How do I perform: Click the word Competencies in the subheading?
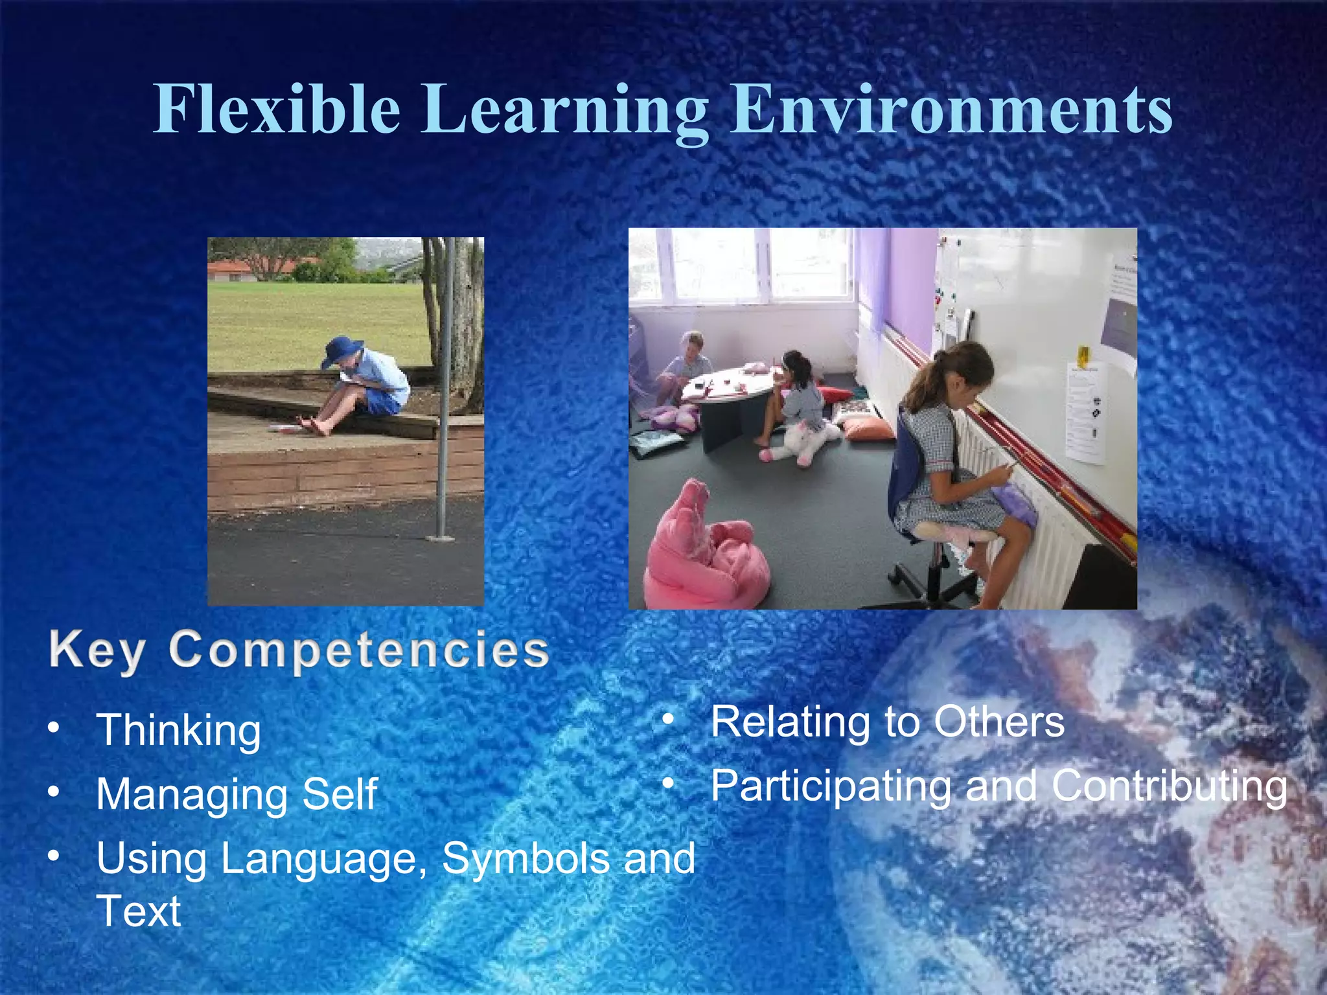click(x=360, y=650)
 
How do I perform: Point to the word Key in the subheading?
click(x=97, y=650)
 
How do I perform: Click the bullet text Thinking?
click(x=178, y=731)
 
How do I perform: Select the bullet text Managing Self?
click(x=237, y=794)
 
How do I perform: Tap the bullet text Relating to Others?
click(x=887, y=722)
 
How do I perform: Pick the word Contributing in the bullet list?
click(x=1169, y=786)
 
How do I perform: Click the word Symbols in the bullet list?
click(x=525, y=859)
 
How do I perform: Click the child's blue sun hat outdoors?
click(x=341, y=350)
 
